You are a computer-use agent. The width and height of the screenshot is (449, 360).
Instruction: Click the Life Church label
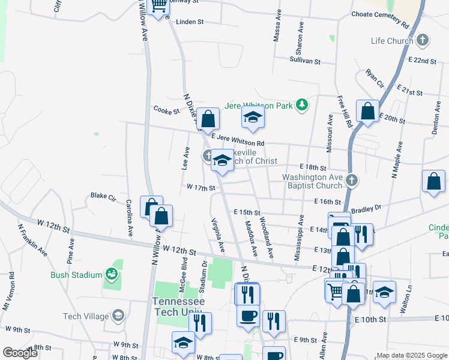pos(391,41)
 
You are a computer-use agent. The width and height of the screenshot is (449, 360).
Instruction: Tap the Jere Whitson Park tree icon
pos(302,106)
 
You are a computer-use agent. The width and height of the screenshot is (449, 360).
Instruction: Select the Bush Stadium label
pos(77,275)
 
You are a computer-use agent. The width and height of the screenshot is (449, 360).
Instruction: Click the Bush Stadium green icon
pos(111,275)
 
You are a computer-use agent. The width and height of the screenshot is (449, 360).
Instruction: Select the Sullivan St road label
pos(305,61)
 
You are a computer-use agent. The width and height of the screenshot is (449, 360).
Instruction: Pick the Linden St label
pos(190,22)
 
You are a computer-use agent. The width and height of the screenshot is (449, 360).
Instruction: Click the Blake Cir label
pos(102,196)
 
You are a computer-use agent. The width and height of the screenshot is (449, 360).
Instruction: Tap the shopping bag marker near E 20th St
pos(367,112)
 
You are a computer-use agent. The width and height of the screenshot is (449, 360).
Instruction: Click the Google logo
pos(19,353)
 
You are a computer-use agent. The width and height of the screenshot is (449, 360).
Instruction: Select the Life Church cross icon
pos(423,41)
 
